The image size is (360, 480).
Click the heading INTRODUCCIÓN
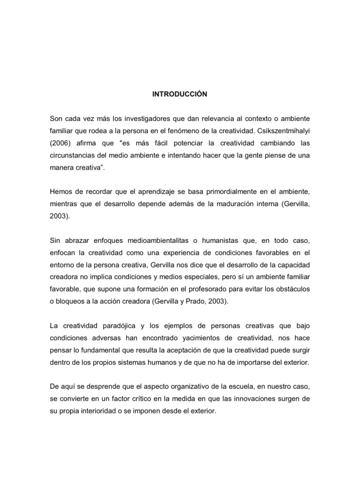tap(180, 94)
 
